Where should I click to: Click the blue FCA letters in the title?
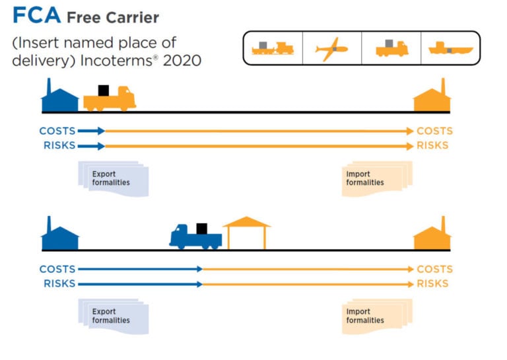click(37, 16)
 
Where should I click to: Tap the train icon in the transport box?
click(273, 48)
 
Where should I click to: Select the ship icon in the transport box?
click(451, 48)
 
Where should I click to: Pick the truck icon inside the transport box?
click(391, 48)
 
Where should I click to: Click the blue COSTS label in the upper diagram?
click(57, 131)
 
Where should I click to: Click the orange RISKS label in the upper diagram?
click(432, 145)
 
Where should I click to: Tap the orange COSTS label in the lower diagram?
click(434, 270)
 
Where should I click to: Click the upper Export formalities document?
click(113, 178)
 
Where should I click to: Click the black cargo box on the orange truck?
click(103, 90)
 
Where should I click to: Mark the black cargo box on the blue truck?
click(201, 229)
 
